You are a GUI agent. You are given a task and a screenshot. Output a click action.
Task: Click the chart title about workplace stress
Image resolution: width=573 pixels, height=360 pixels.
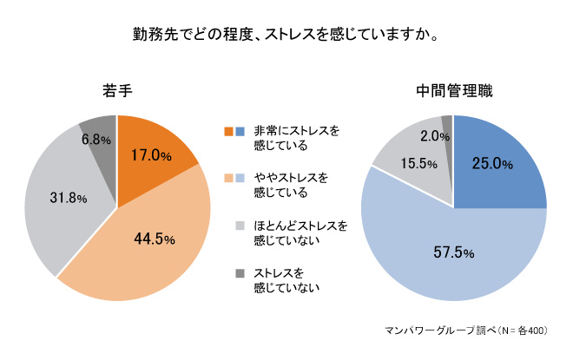(285, 36)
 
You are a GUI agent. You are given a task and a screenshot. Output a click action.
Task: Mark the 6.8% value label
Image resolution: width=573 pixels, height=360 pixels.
(96, 139)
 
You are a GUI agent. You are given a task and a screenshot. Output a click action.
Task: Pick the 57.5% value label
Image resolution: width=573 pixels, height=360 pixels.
(453, 253)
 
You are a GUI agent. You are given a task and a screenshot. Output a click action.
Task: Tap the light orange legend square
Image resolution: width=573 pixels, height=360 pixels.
(229, 179)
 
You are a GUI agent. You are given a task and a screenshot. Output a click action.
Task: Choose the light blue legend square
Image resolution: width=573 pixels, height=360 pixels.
(240, 179)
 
